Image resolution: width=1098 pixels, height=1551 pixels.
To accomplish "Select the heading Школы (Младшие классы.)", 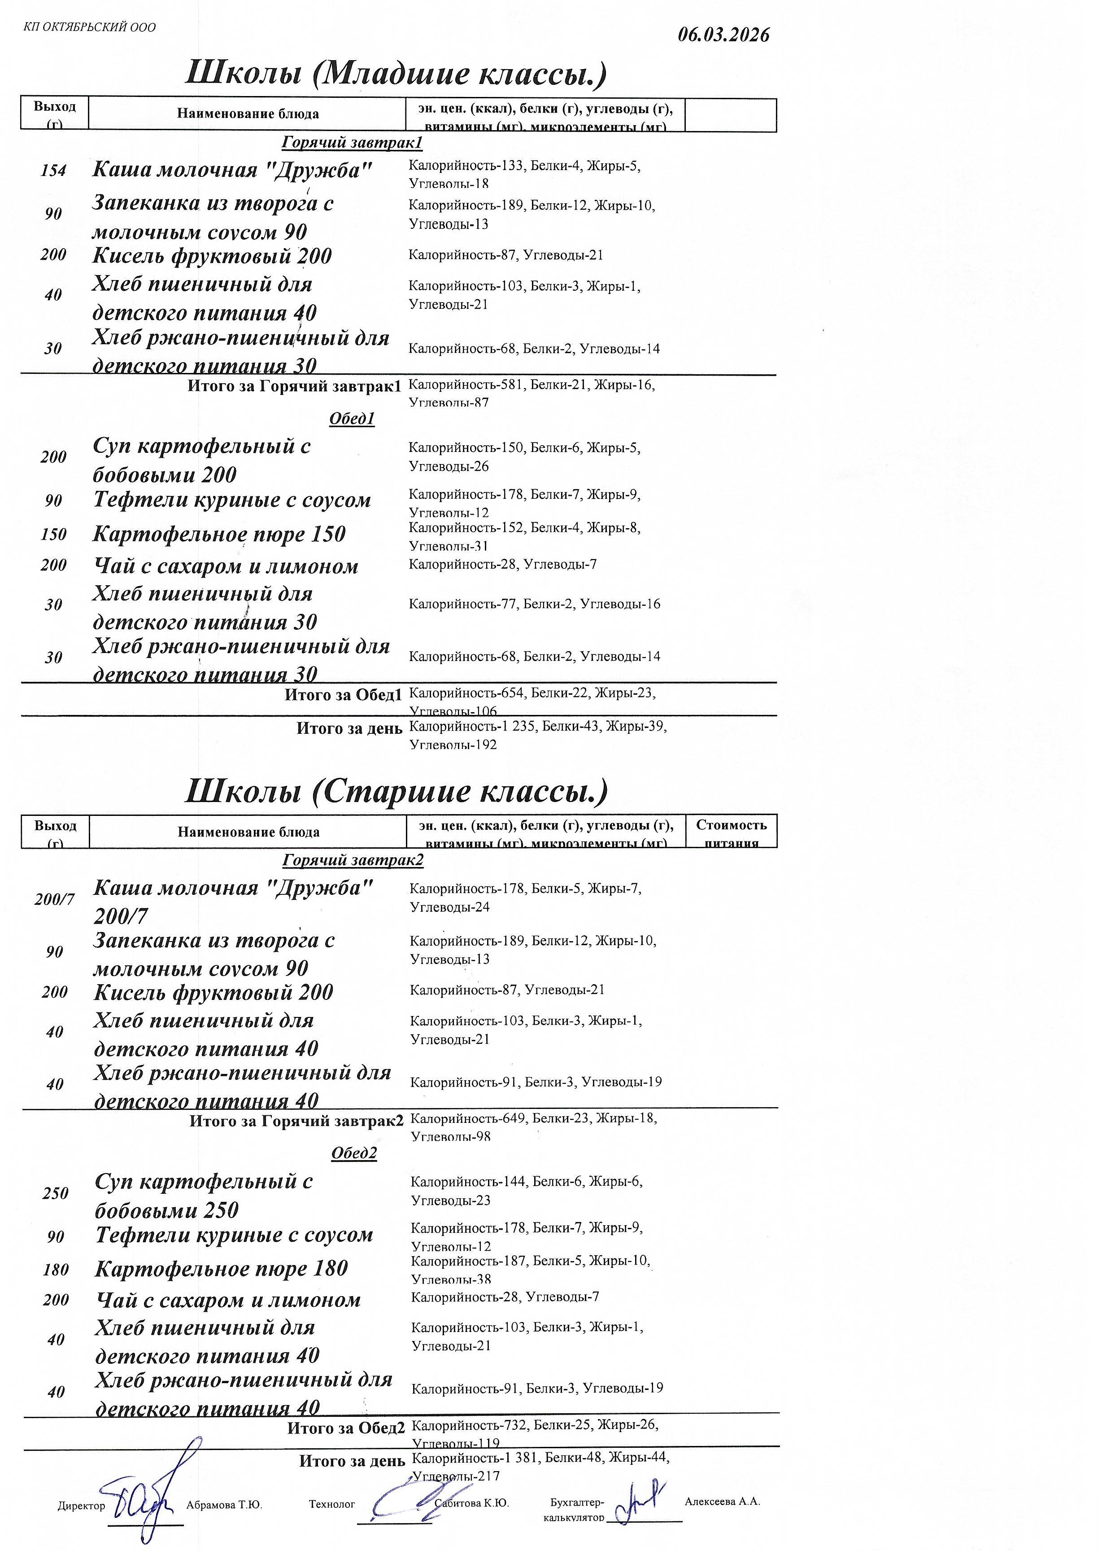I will point(396,74).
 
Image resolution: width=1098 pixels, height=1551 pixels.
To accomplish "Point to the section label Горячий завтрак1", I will point(352,143).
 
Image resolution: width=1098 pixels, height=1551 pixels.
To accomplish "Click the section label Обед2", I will point(353,1153).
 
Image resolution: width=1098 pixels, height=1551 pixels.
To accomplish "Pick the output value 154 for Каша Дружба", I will point(53,171).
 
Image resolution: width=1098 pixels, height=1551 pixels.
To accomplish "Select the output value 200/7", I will point(54,900).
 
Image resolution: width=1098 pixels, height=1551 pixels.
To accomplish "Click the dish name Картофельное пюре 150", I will point(219,535).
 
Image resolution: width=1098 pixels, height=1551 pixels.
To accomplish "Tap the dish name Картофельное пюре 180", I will point(221,1269).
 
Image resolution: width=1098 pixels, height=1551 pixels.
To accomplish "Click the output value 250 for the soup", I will point(56,1193).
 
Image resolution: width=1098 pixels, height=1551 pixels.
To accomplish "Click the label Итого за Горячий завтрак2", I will point(296,1121).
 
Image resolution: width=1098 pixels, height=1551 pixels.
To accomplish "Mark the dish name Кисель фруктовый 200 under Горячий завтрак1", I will point(212,256).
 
